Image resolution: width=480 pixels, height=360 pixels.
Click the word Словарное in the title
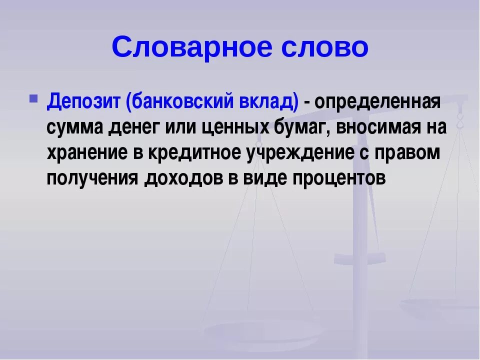pyautogui.click(x=191, y=48)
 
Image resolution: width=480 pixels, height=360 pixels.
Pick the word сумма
pyautogui.click(x=75, y=127)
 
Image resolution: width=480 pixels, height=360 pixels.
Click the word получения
pyautogui.click(x=92, y=177)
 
